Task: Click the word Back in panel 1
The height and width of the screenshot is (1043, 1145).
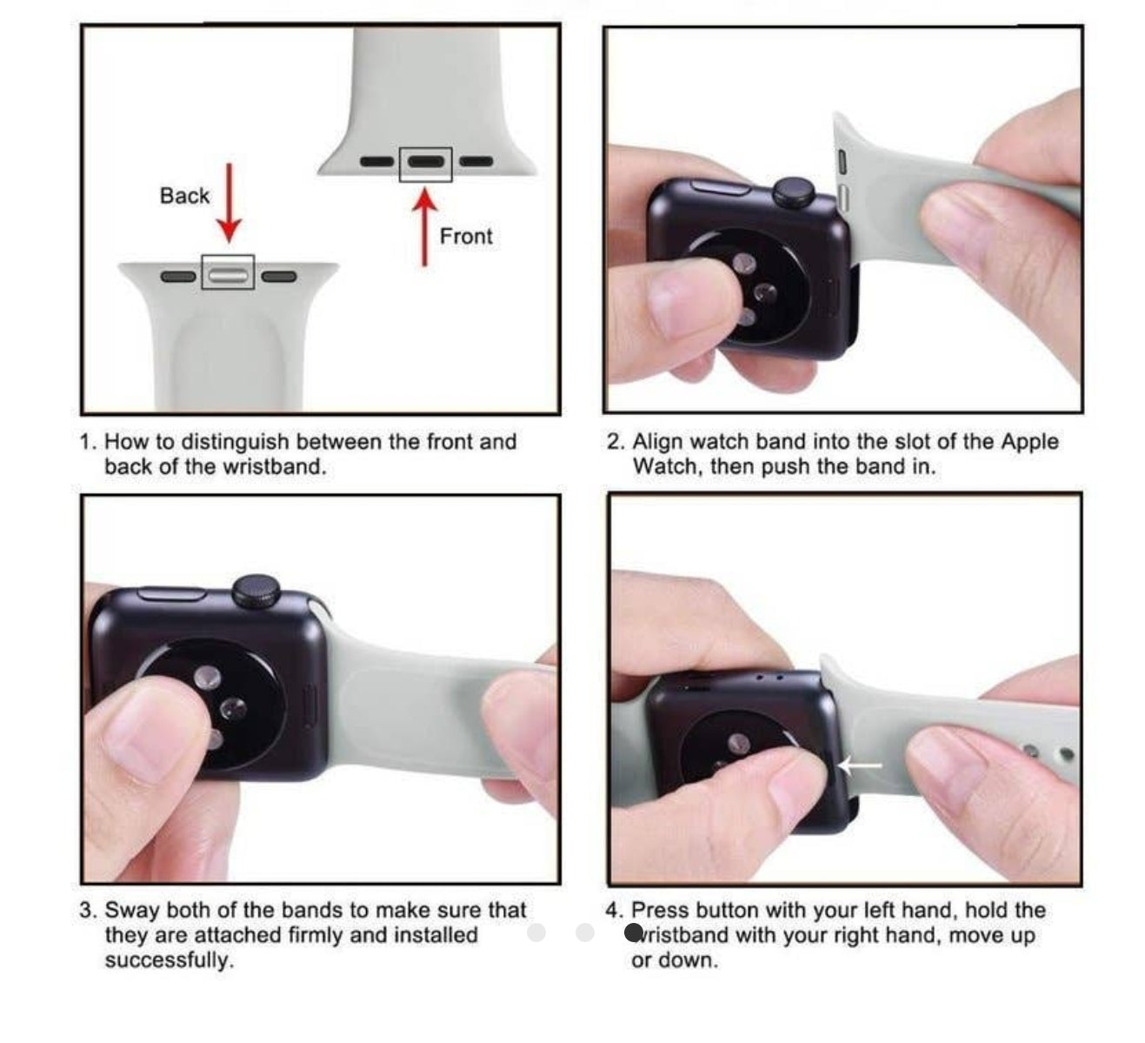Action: coord(184,196)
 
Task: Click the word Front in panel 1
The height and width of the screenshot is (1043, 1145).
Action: coord(466,236)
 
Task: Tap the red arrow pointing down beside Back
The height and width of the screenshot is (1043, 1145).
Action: coord(229,203)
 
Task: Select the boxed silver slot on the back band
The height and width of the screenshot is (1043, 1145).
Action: coord(228,277)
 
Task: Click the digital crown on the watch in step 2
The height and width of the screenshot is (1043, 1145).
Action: coord(794,192)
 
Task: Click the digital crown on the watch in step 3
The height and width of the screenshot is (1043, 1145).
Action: coord(256,591)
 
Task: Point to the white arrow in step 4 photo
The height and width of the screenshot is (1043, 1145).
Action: coord(860,765)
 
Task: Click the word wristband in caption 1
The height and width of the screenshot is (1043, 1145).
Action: coord(275,466)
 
